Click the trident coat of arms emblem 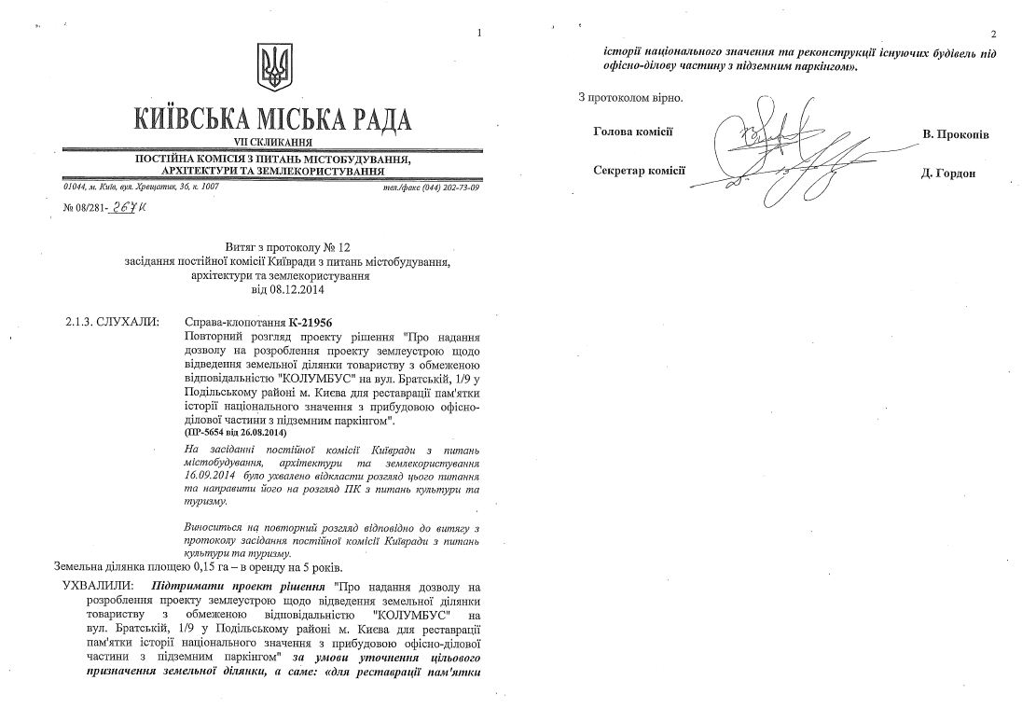pos(274,67)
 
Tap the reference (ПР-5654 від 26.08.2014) pos(235,435)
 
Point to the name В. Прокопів pos(956,134)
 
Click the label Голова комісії pos(633,132)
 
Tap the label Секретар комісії pos(639,170)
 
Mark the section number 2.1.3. pos(84,322)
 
